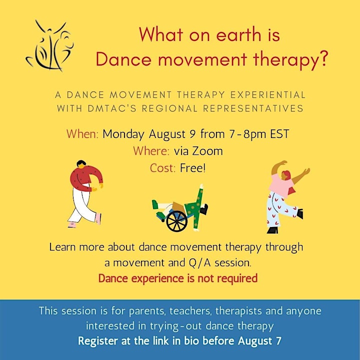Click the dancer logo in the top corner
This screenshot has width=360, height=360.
49,46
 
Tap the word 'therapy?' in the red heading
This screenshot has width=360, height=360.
289,59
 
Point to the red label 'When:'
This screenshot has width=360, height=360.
82,134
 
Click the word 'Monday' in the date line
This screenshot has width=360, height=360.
123,134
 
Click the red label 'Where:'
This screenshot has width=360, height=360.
151,151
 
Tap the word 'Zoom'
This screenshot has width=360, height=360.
207,151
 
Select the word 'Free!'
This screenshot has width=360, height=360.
193,168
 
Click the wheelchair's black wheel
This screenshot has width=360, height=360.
177,221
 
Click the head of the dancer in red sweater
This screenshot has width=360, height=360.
81,164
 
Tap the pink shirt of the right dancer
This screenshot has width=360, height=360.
281,185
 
